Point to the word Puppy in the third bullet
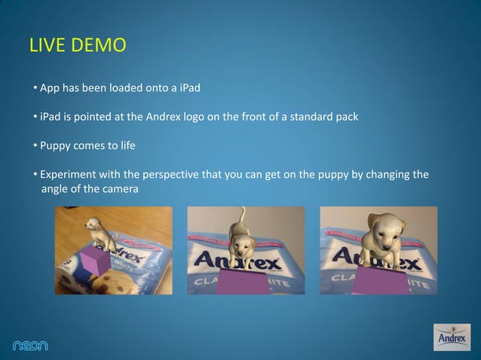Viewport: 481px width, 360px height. coord(57,145)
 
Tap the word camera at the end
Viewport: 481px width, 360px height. coord(119,189)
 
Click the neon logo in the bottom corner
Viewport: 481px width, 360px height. coord(30,345)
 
